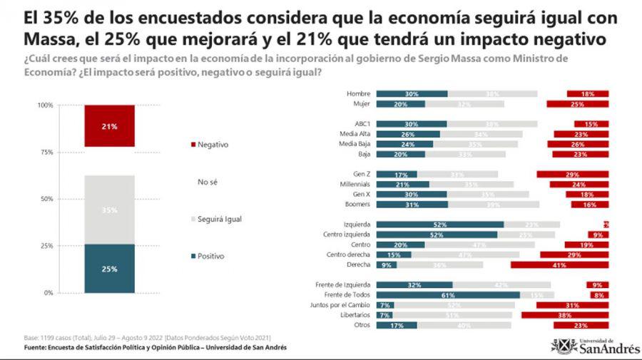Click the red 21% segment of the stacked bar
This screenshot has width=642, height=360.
point(109,126)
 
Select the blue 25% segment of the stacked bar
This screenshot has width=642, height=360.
point(109,269)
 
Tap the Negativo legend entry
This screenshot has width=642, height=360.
point(212,145)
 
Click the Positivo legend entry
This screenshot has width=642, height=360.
point(210,256)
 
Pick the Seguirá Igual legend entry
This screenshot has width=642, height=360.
point(218,219)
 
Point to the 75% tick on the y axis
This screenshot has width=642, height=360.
point(46,152)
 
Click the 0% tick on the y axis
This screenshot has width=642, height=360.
point(49,293)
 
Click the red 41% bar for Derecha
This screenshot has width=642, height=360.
point(559,265)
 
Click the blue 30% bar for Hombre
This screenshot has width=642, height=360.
point(412,94)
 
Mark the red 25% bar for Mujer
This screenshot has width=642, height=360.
point(578,104)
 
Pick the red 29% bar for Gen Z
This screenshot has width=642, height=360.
point(573,174)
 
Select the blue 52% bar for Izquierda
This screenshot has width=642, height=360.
point(439,225)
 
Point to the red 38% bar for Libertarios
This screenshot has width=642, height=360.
point(565,314)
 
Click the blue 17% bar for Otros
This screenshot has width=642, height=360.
point(397,325)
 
